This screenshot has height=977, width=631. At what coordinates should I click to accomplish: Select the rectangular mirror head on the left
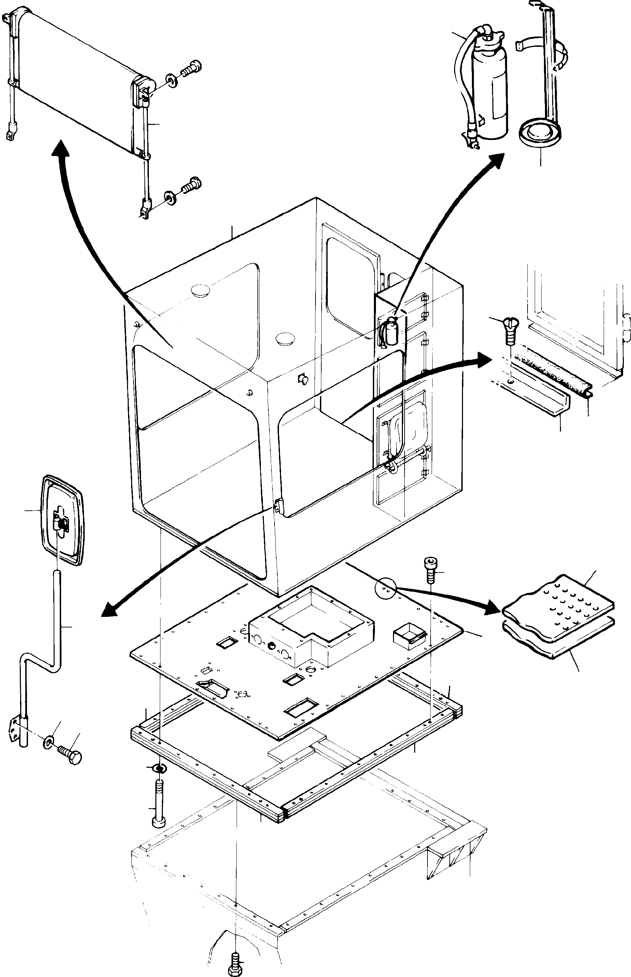[x=62, y=520]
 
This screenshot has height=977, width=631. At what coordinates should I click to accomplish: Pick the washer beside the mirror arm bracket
[x=48, y=742]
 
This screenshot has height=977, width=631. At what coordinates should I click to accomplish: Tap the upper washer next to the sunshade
[x=171, y=81]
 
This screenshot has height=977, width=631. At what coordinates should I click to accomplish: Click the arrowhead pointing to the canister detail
[x=496, y=160]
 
